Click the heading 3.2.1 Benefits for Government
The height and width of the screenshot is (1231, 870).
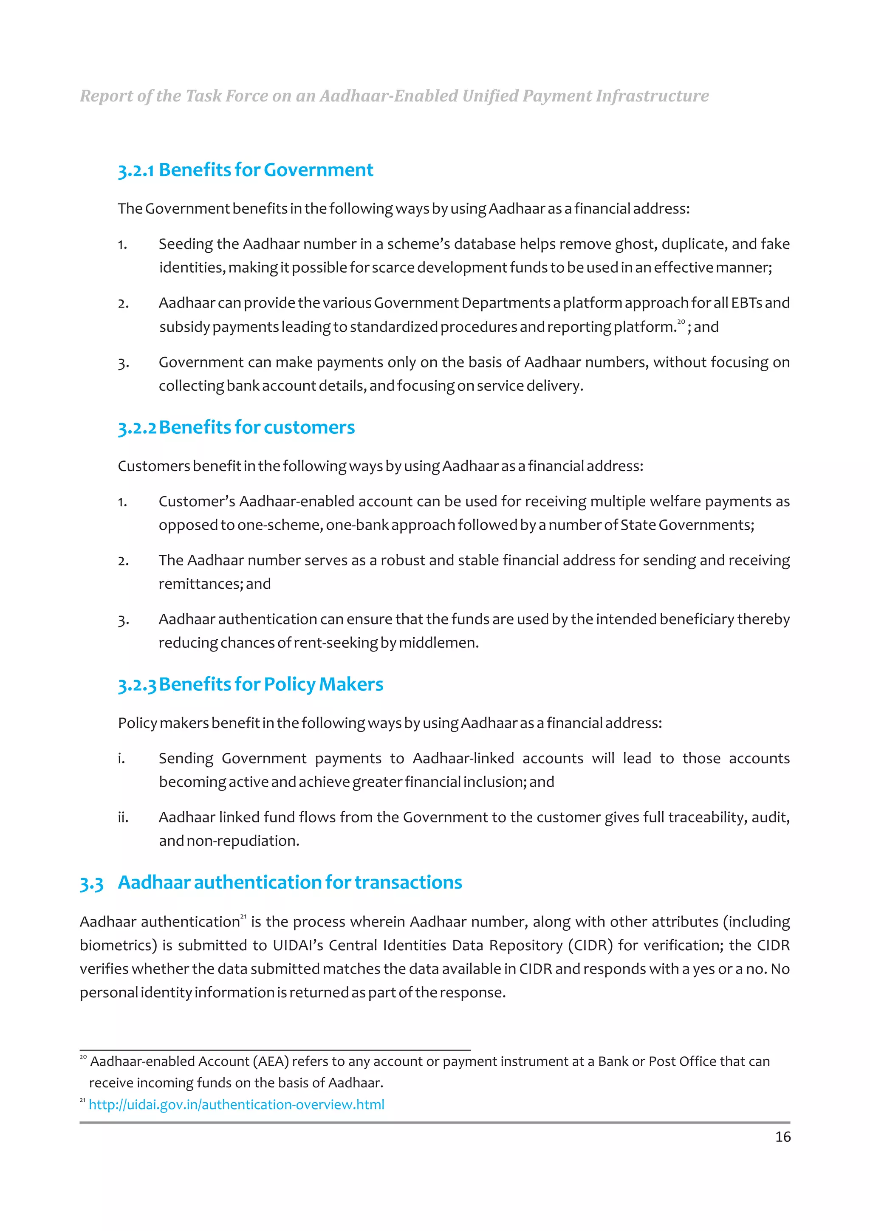[245, 170]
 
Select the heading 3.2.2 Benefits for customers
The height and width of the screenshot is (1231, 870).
[236, 427]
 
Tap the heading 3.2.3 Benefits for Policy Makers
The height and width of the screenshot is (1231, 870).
[250, 685]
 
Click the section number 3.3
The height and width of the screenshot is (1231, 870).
[91, 883]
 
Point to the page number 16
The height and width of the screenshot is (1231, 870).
[782, 1137]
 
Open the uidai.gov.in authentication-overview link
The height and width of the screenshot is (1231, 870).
[236, 1104]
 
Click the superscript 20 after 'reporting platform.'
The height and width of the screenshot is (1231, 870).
[681, 322]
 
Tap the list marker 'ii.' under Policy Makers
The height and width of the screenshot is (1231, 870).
[123, 817]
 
